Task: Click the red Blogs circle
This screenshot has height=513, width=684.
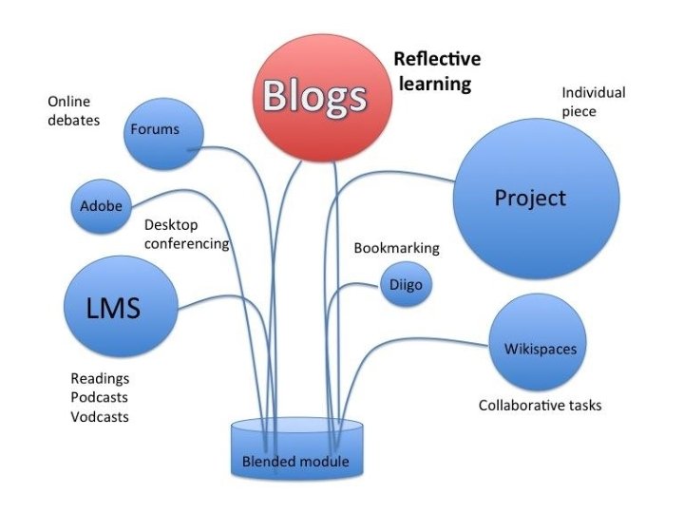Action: (313, 95)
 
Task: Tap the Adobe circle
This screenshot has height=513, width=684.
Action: (102, 205)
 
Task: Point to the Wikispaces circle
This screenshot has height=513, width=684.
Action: (539, 347)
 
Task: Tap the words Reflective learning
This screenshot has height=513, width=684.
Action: (437, 72)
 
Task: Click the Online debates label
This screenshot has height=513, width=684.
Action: (73, 110)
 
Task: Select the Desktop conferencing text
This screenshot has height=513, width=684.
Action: (187, 235)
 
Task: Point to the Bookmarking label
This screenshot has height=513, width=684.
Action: (396, 248)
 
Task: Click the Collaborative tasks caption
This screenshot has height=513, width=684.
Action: (540, 406)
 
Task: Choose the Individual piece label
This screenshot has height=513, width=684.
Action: (593, 102)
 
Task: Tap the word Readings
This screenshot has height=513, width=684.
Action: (100, 378)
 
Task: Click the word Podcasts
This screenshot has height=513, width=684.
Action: (99, 397)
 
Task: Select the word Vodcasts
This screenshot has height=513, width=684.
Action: (100, 416)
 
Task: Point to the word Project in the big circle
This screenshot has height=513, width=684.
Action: (530, 198)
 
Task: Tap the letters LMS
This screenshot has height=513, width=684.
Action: (115, 308)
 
